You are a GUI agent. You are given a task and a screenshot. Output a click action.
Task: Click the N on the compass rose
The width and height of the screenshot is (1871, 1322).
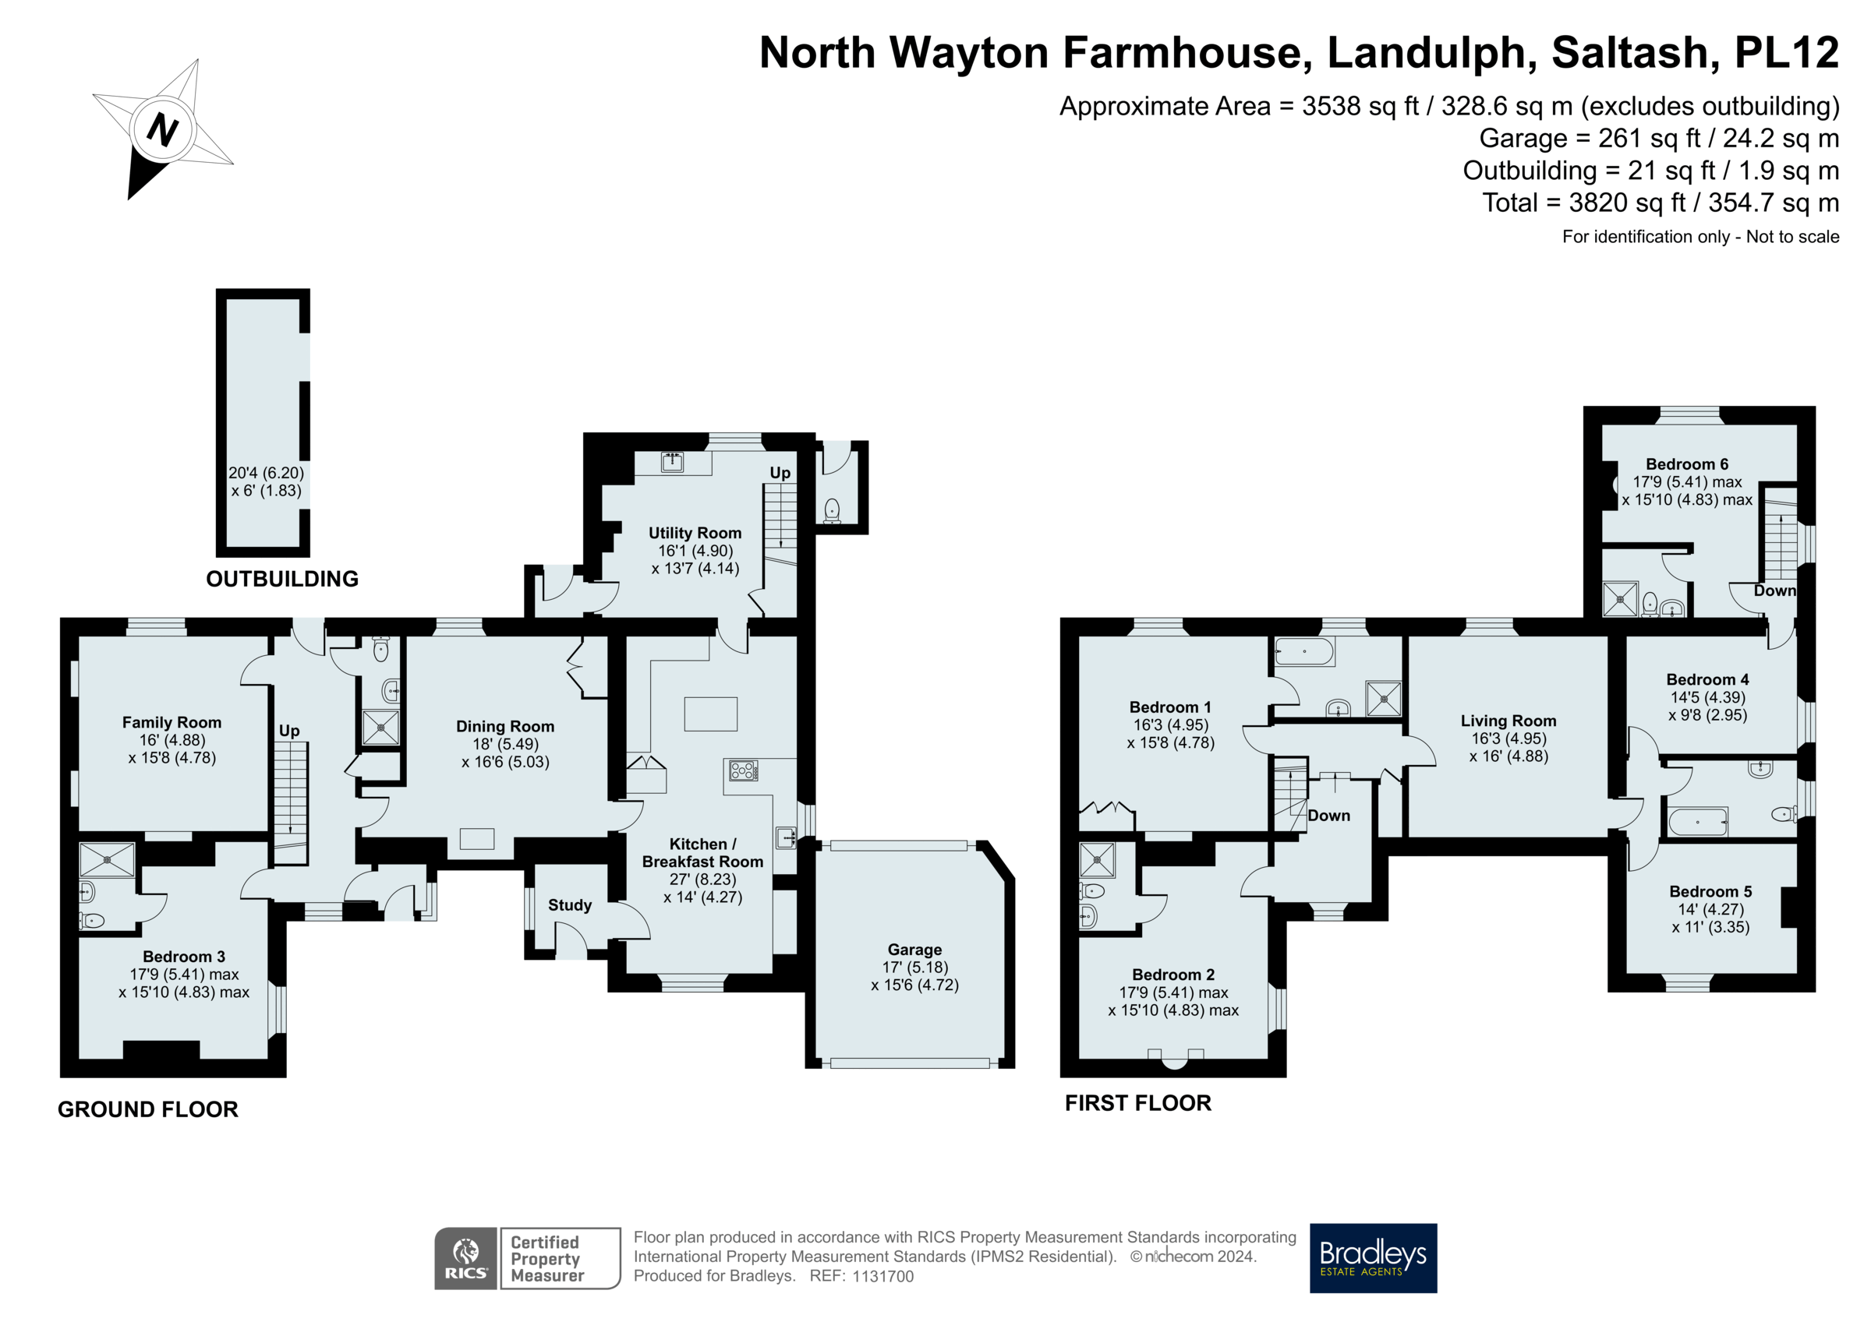(162, 129)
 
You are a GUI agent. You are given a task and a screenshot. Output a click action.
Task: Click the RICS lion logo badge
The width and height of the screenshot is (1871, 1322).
(465, 1257)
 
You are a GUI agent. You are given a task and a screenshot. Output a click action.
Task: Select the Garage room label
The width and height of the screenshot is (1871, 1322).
(914, 949)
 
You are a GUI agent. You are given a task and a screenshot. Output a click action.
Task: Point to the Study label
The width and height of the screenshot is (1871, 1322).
(570, 905)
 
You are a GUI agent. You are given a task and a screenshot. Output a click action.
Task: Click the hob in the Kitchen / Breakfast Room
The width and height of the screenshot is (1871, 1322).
(743, 770)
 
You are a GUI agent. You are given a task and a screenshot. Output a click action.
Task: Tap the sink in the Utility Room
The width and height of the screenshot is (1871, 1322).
(672, 462)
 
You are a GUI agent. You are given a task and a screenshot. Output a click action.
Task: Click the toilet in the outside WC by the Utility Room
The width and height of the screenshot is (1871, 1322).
(831, 511)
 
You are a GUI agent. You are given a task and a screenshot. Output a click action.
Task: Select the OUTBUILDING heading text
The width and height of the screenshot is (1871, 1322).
(282, 579)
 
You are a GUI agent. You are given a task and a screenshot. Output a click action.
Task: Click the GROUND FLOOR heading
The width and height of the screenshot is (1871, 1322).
(147, 1109)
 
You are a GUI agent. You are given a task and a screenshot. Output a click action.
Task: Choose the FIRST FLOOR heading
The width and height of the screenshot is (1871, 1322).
(1137, 1103)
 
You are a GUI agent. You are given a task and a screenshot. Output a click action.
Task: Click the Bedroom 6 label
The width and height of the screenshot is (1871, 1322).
(1686, 464)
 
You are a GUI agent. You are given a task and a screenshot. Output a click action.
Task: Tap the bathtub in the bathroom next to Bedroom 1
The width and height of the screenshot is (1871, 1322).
(1303, 651)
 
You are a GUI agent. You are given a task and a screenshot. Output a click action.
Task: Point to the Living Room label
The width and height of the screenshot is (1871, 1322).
(1508, 721)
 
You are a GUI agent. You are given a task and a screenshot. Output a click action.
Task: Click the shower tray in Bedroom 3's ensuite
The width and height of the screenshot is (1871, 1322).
(108, 859)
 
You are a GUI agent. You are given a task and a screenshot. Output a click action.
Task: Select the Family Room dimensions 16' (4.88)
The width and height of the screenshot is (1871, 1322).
(172, 740)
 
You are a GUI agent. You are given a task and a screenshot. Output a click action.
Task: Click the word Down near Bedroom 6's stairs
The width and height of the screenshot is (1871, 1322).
(1774, 590)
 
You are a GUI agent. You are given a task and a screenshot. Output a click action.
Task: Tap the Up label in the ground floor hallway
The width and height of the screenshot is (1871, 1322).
(289, 731)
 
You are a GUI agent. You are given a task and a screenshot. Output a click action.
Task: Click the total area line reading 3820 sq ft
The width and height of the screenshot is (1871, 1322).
(1660, 203)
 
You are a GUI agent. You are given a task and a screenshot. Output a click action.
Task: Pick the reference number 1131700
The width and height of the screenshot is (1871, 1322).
(882, 1276)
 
